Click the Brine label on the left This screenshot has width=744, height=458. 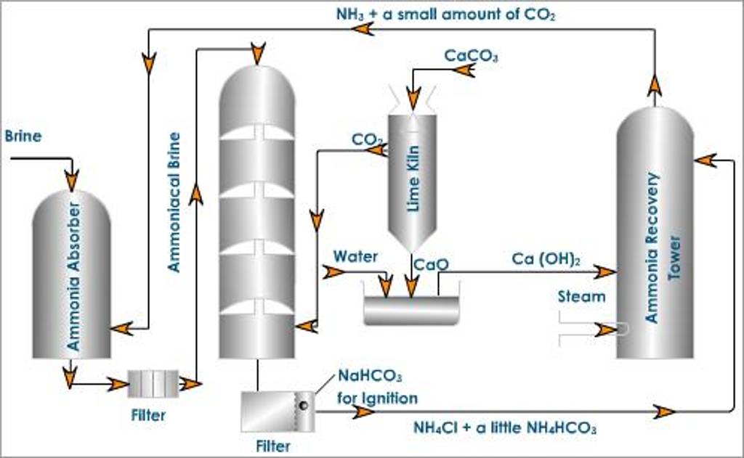click(x=23, y=136)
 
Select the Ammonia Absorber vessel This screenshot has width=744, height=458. click(x=71, y=276)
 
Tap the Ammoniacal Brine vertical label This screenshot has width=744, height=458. click(x=174, y=202)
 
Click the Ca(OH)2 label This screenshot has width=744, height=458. click(x=546, y=259)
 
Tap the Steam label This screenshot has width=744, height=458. click(x=581, y=296)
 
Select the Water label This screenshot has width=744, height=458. click(x=355, y=256)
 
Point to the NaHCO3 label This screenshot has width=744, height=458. click(x=370, y=376)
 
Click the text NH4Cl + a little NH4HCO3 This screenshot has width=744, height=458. click(x=505, y=428)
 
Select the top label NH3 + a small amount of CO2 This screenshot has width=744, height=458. click(x=445, y=14)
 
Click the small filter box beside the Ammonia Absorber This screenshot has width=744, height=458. click(x=153, y=383)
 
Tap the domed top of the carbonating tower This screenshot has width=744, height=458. click(x=257, y=91)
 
